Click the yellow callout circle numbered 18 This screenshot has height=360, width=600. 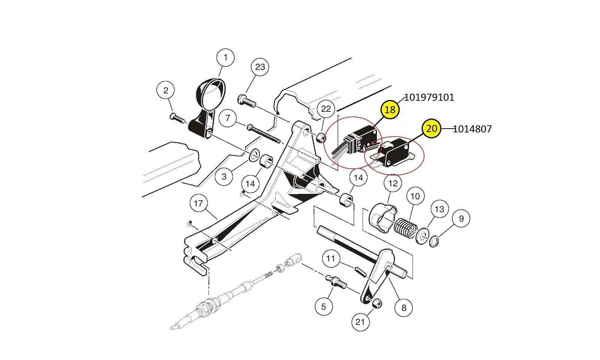pyautogui.click(x=390, y=109)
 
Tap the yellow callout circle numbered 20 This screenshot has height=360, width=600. pyautogui.click(x=432, y=129)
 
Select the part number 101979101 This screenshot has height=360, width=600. pyautogui.click(x=429, y=97)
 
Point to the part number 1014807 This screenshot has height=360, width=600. pyautogui.click(x=472, y=129)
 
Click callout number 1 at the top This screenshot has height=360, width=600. pyautogui.click(x=225, y=58)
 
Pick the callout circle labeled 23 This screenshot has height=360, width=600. pyautogui.click(x=260, y=67)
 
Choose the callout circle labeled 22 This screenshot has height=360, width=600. pyautogui.click(x=326, y=109)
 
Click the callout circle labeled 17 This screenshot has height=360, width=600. pyautogui.click(x=198, y=203)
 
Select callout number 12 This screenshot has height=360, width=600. pyautogui.click(x=393, y=184)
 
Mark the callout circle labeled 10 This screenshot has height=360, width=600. pyautogui.click(x=415, y=196)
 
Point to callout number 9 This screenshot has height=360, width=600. pyautogui.click(x=461, y=218)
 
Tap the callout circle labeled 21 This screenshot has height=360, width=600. pyautogui.click(x=360, y=322)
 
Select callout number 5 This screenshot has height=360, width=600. pyautogui.click(x=323, y=307)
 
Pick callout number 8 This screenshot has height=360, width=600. pyautogui.click(x=403, y=308)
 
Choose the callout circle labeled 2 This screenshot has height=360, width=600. pyautogui.click(x=166, y=90)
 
